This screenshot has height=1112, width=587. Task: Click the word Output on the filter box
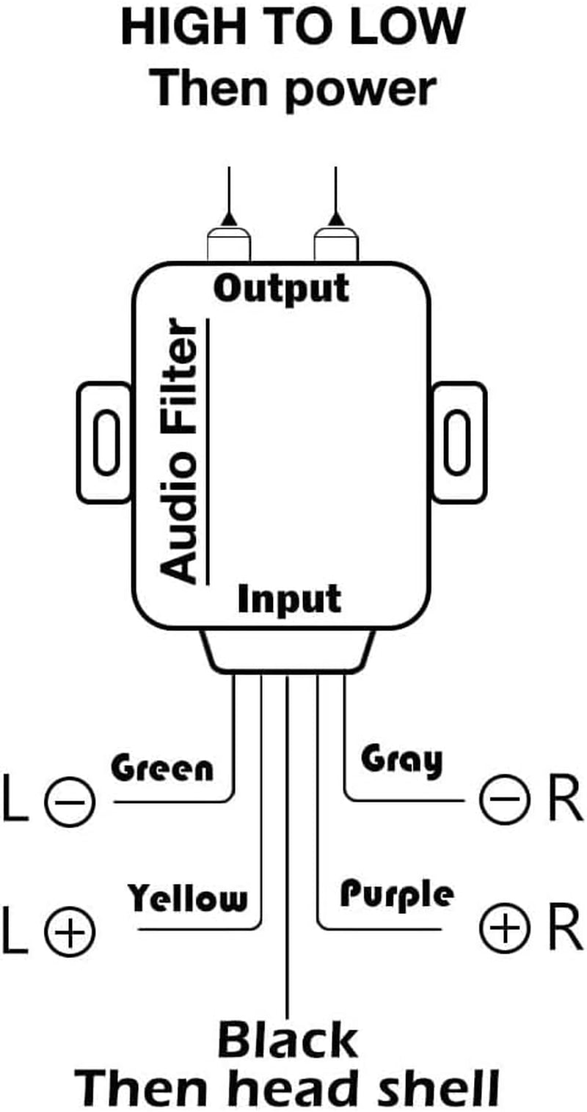pyautogui.click(x=282, y=289)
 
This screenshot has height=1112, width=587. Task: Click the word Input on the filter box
pyautogui.click(x=290, y=601)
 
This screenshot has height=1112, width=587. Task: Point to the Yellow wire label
pyautogui.click(x=188, y=898)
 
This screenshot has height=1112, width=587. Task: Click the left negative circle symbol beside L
pyautogui.click(x=70, y=801)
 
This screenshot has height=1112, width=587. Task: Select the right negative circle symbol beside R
pyautogui.click(x=503, y=800)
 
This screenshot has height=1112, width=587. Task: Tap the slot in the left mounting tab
pyautogui.click(x=107, y=442)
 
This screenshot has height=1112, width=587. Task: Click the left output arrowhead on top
pyautogui.click(x=229, y=219)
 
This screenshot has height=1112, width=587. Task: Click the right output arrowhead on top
pyautogui.click(x=336, y=219)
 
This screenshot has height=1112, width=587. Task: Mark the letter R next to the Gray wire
pyautogui.click(x=565, y=800)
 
